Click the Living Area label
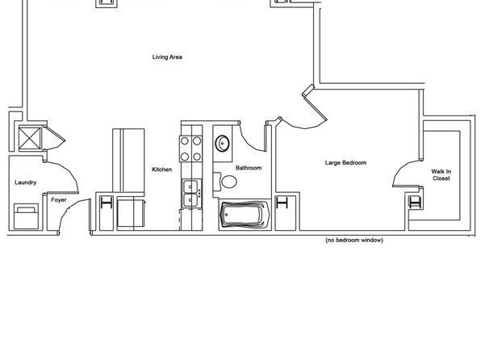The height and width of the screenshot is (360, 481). (x=167, y=57)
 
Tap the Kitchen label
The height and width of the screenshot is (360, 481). (x=161, y=170)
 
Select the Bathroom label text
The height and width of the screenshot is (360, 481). (x=249, y=168)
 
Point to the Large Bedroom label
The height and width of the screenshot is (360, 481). (x=345, y=163)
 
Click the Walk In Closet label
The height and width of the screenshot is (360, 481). (x=441, y=175)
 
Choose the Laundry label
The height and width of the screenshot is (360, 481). (x=26, y=182)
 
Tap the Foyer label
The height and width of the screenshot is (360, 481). (x=59, y=200)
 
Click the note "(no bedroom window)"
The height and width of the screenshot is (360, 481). (x=354, y=240)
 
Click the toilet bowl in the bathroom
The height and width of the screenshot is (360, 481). (x=229, y=182)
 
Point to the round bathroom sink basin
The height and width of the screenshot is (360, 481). (x=222, y=143)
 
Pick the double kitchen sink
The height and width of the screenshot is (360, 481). (x=190, y=194)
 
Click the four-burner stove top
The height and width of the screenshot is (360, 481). (x=190, y=149)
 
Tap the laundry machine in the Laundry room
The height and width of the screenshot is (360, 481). (x=27, y=216)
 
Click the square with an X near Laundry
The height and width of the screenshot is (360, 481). (x=30, y=139)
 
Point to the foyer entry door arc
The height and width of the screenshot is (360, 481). (x=71, y=212)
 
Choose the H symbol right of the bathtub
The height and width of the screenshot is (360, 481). (x=282, y=203)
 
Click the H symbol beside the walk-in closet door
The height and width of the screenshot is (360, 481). (x=415, y=203)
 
